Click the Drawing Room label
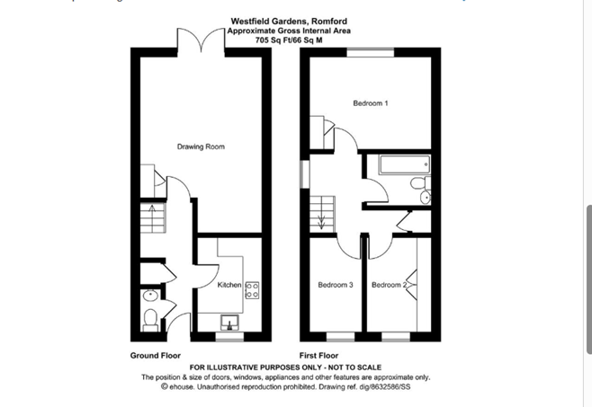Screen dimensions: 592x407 click(x=201, y=146)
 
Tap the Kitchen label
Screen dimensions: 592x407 click(x=229, y=285)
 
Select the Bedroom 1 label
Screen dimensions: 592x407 click(x=371, y=103)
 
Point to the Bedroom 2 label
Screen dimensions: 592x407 click(x=389, y=285)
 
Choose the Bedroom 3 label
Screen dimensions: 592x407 click(x=336, y=285)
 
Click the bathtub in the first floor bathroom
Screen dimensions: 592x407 click(x=405, y=164)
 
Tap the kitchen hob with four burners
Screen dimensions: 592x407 click(x=252, y=290)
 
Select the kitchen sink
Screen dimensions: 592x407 click(x=229, y=323)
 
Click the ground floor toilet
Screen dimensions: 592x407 click(x=150, y=320)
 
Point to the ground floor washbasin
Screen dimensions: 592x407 click(x=151, y=296)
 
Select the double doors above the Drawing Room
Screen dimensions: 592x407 click(x=202, y=40)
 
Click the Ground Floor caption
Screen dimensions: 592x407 click(x=156, y=355)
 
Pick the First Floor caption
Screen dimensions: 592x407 click(x=319, y=355)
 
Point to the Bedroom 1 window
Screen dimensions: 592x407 click(x=371, y=52)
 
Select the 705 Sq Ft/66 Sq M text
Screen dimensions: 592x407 click(x=289, y=40)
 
